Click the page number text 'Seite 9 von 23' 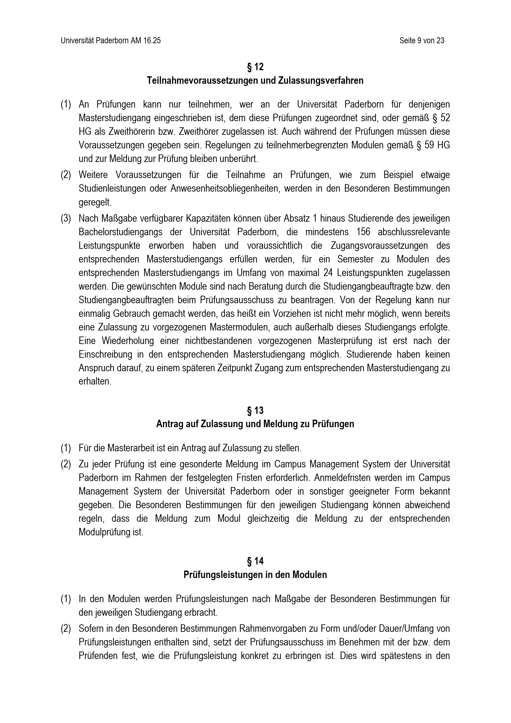coord(422,40)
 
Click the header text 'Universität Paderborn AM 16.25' coord(111,40)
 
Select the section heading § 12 coord(255,67)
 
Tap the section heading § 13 coord(255,410)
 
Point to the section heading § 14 coord(255,561)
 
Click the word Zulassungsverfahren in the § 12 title coord(321,81)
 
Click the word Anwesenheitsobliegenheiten coord(224,188)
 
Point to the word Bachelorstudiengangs coord(120,232)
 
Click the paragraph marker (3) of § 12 coord(66,219)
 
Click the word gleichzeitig coord(268,519)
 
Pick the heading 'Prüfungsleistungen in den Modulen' coord(255,575)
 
